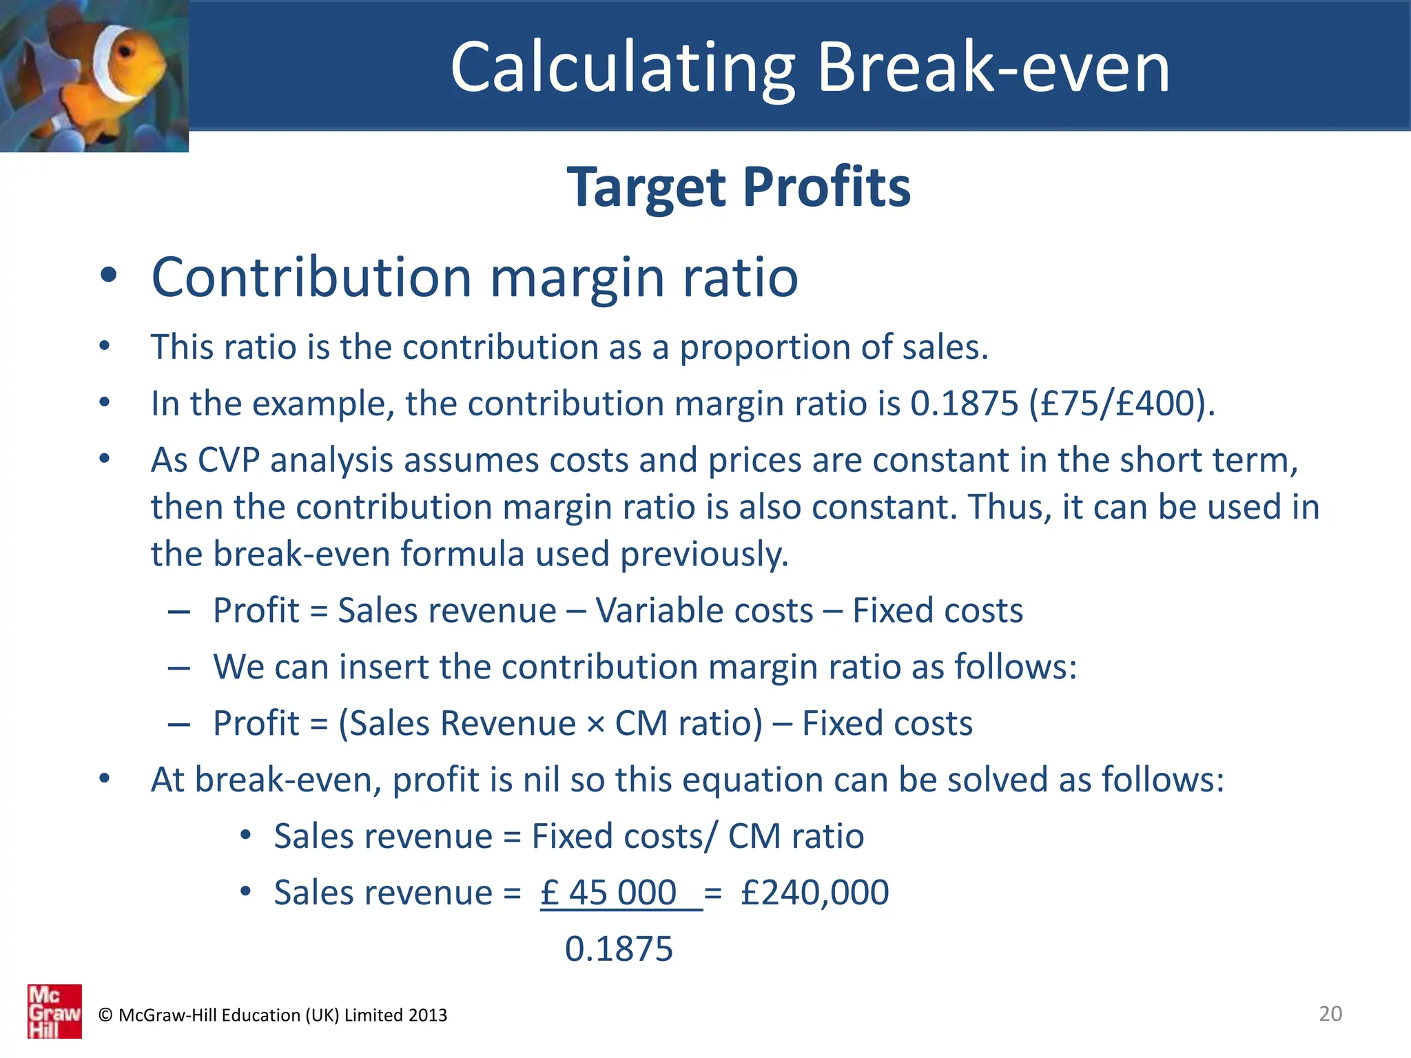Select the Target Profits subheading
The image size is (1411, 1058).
pyautogui.click(x=739, y=187)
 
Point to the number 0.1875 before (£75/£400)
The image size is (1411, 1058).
pyautogui.click(x=964, y=403)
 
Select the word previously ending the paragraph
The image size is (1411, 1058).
pyautogui.click(x=704, y=554)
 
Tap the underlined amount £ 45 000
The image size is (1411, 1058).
pyautogui.click(x=609, y=893)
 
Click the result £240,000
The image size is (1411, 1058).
pyautogui.click(x=814, y=893)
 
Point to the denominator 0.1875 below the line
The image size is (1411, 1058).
pyautogui.click(x=618, y=949)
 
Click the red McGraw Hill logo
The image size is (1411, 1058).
pyautogui.click(x=54, y=1010)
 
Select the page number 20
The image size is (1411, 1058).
pyautogui.click(x=1330, y=1013)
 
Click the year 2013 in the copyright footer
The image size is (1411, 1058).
pyautogui.click(x=427, y=1015)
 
